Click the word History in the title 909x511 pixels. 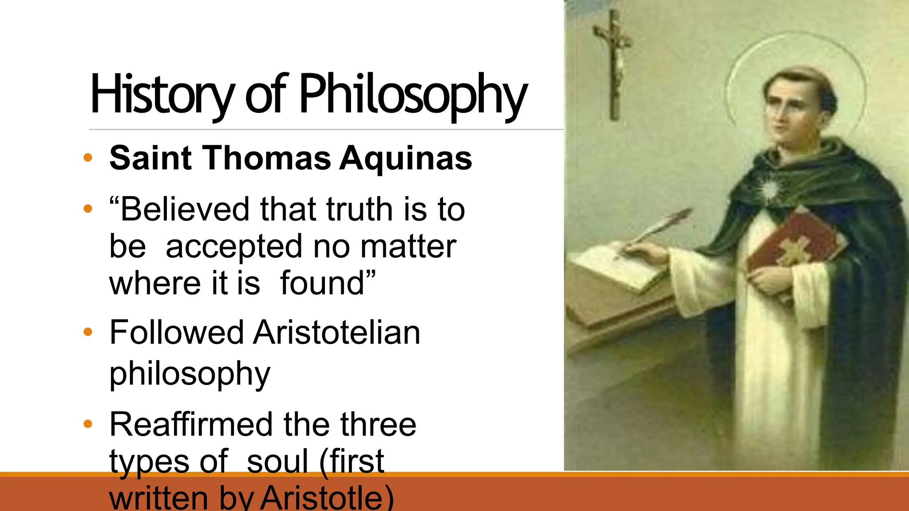162,94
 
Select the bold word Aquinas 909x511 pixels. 406,158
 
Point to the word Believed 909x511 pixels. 185,209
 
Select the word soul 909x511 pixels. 277,461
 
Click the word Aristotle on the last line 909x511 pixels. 327,498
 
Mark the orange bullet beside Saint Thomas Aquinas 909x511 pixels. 88,157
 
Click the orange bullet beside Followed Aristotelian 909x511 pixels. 88,332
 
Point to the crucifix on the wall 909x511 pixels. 614,62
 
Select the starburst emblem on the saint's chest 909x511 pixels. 769,189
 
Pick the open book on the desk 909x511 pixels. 621,266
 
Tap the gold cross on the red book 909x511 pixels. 794,251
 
